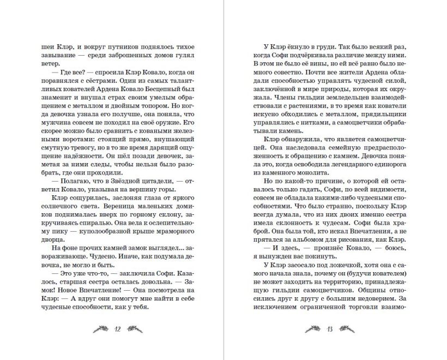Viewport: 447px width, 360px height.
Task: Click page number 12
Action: (118, 329)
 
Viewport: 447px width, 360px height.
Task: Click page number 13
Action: (330, 329)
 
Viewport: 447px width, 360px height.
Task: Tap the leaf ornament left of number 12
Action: (101, 329)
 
